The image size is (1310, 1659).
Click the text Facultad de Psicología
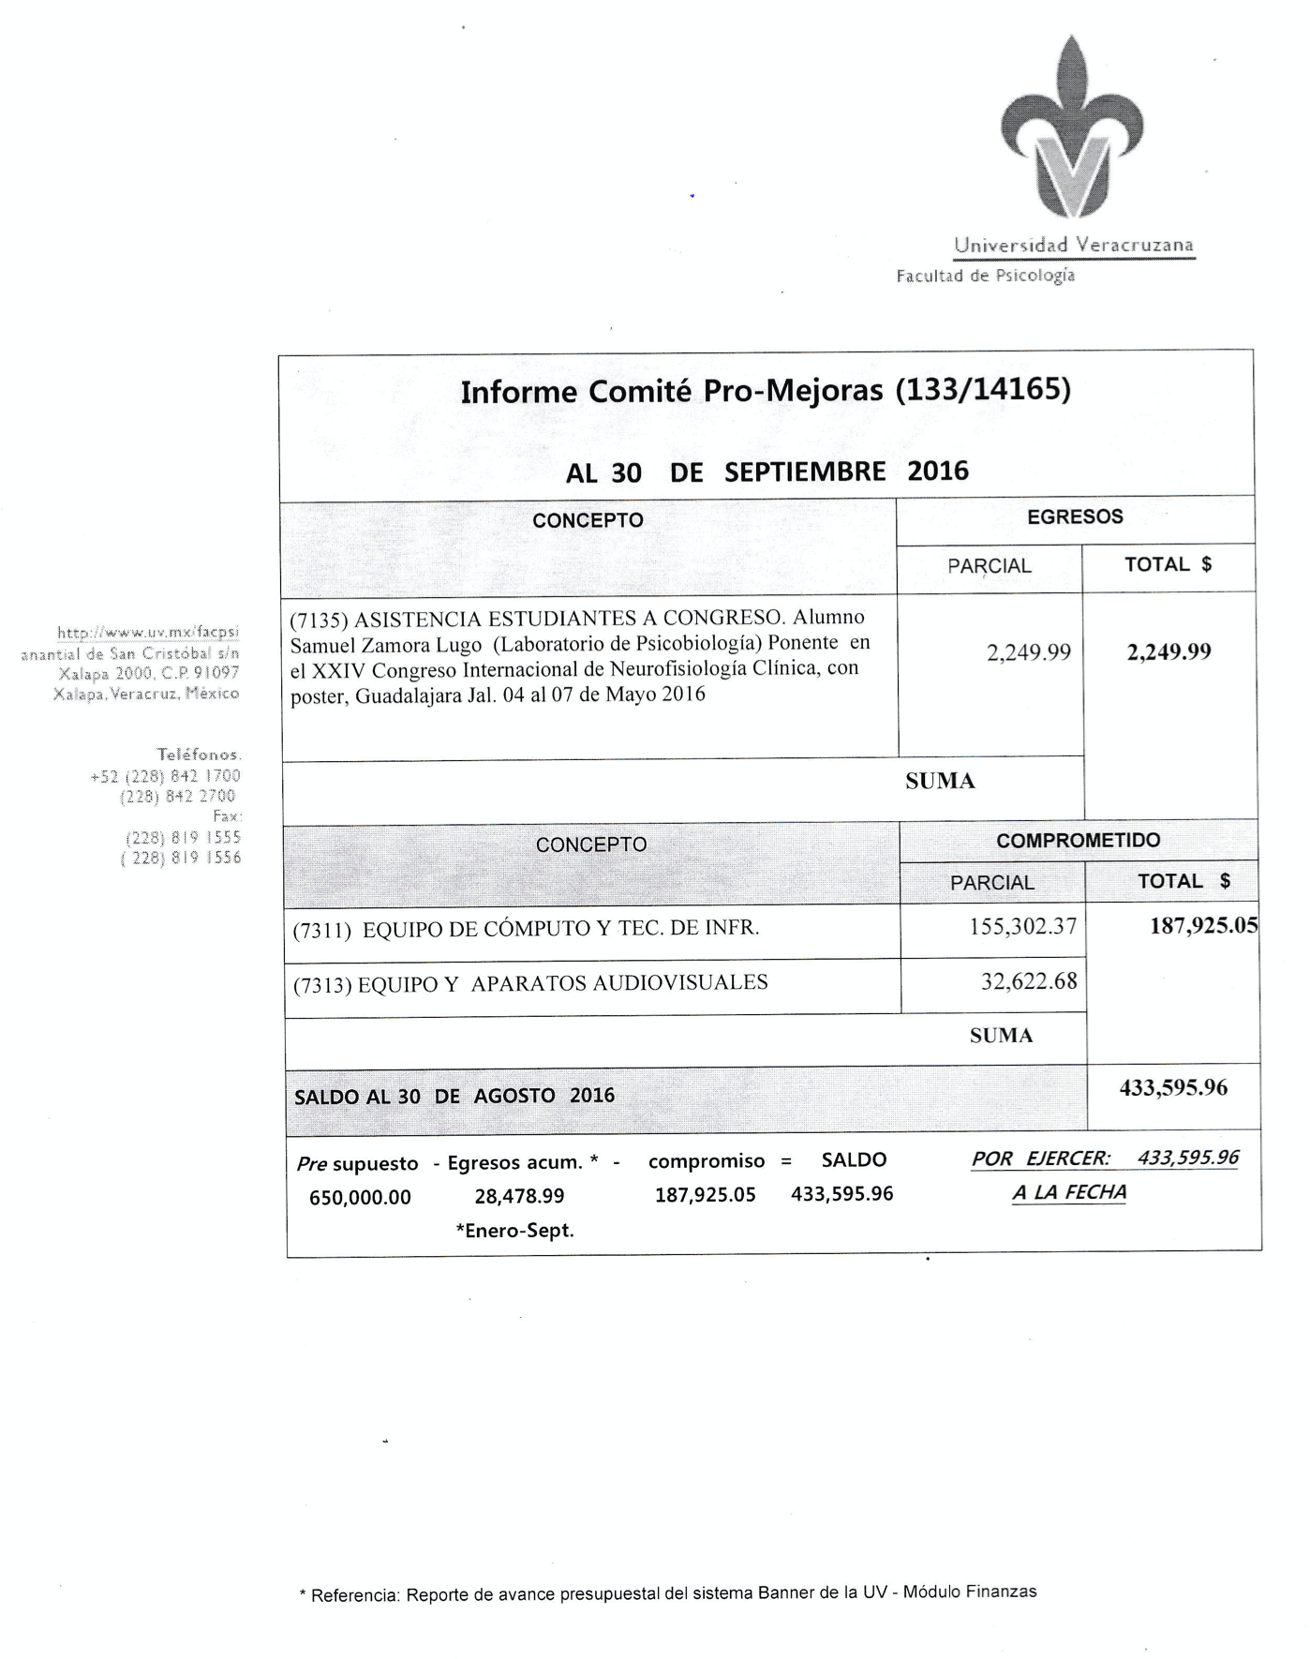coord(985,276)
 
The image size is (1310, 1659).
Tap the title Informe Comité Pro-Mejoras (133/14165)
coord(765,390)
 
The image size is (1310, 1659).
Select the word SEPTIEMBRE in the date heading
coord(804,471)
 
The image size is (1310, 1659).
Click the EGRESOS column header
coord(1074,516)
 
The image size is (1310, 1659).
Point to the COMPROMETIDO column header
coord(1078,841)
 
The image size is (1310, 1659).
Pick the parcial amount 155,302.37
coord(1022,927)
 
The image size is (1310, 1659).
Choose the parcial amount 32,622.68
coord(1028,981)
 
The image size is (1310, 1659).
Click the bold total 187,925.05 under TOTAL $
coord(1203,926)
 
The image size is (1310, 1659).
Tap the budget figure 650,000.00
coord(360,1197)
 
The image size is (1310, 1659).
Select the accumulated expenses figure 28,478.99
coord(519,1196)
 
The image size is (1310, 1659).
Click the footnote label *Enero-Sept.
coord(514,1231)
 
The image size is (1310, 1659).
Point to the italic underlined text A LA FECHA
coord(1068,1192)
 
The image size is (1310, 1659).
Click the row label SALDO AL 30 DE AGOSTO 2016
coord(454,1096)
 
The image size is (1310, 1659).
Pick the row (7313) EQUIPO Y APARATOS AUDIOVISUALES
coord(530,983)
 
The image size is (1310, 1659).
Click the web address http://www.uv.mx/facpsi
coord(148,633)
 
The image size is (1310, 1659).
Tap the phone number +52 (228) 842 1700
coord(165,776)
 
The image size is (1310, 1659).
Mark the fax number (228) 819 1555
coord(183,837)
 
